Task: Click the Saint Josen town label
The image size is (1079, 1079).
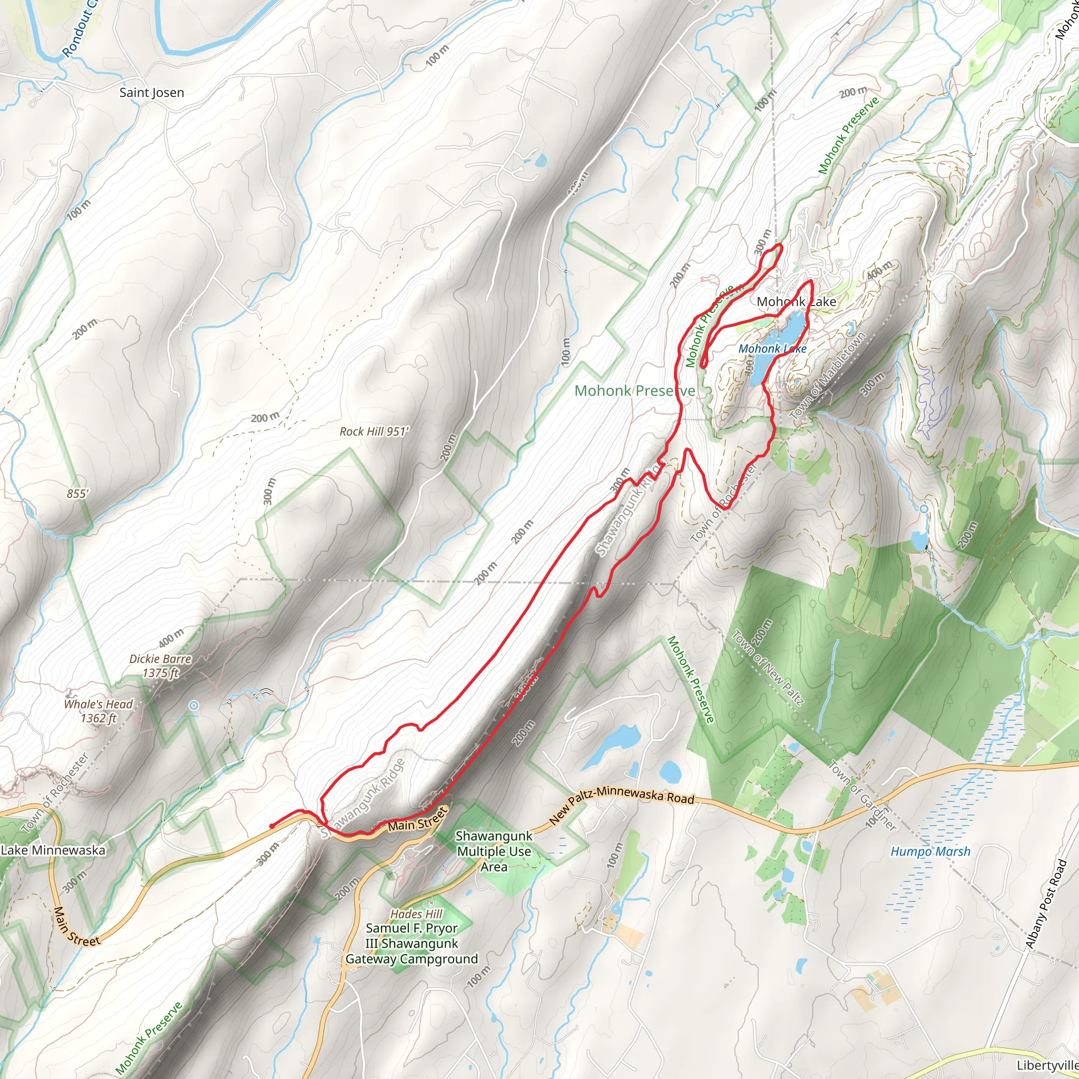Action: (151, 93)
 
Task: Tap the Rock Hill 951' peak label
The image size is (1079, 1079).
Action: (374, 431)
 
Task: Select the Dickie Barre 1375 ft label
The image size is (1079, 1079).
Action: (160, 666)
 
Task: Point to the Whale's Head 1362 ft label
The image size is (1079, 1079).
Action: (99, 710)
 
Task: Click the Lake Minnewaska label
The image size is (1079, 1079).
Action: (53, 850)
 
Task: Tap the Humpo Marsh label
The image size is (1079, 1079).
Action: (930, 852)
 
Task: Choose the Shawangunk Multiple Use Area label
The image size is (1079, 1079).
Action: (494, 851)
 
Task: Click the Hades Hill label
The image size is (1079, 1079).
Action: (416, 914)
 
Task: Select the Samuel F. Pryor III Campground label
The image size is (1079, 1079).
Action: (411, 943)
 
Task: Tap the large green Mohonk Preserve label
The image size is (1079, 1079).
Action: (634, 390)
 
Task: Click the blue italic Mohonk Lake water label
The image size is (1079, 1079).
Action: (772, 348)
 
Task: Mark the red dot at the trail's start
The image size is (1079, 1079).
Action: (271, 826)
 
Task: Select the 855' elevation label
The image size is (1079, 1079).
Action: (77, 494)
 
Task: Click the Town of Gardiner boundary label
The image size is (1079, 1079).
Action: (863, 795)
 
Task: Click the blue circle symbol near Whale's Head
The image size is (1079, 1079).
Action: (194, 705)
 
